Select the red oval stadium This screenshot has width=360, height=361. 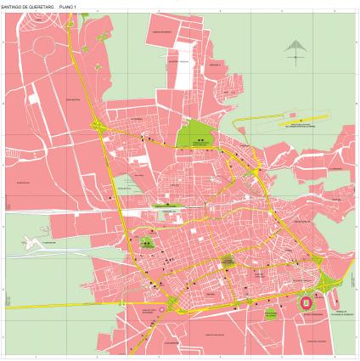[307, 302]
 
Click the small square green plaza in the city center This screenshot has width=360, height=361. [228, 261]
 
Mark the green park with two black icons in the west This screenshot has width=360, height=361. [148, 245]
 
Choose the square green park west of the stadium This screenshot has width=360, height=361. [270, 313]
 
